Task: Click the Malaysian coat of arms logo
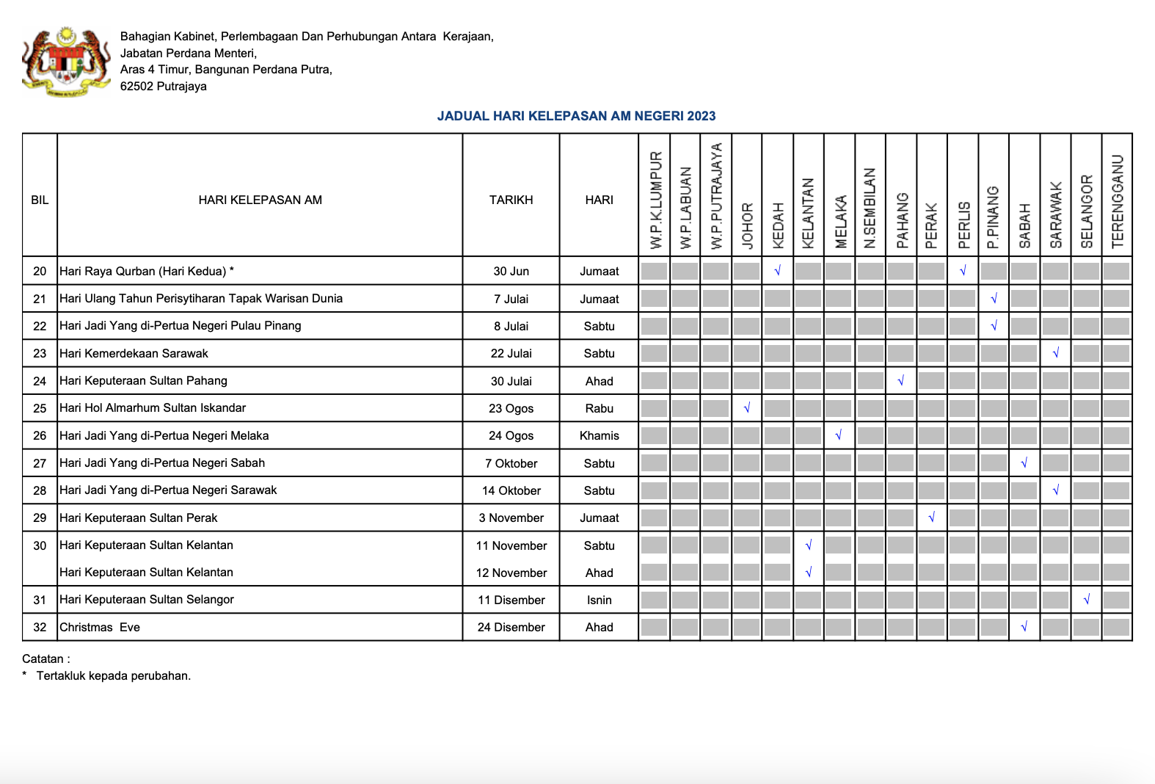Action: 66,62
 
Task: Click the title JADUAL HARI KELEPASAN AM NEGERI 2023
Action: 576,116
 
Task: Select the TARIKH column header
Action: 511,200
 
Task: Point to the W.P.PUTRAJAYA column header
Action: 716,195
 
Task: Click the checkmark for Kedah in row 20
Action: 777,271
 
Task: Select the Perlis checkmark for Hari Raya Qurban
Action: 963,271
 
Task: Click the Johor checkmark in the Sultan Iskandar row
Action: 746,408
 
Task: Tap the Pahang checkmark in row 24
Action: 900,381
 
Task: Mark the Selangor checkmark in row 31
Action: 1086,600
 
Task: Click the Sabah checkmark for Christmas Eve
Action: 1024,627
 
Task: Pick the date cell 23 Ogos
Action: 511,408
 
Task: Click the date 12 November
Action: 511,573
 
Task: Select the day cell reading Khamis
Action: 599,435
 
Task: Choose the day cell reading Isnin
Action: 599,600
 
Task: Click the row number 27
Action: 40,463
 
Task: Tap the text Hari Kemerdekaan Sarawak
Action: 134,353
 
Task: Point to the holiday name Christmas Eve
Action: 100,627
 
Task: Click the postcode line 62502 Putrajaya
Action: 164,86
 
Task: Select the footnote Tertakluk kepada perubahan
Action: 114,675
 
